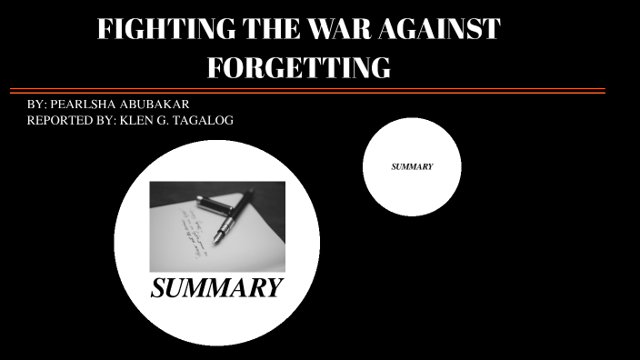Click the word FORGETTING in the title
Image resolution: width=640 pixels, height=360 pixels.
pyautogui.click(x=299, y=67)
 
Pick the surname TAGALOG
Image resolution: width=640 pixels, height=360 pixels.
pyautogui.click(x=205, y=121)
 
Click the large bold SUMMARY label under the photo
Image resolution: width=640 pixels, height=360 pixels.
pyautogui.click(x=216, y=289)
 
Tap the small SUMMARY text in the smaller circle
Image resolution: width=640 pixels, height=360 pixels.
pyautogui.click(x=412, y=167)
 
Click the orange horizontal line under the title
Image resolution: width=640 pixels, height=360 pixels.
pyautogui.click(x=307, y=93)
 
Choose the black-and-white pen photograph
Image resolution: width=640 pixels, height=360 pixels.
pyautogui.click(x=216, y=226)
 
